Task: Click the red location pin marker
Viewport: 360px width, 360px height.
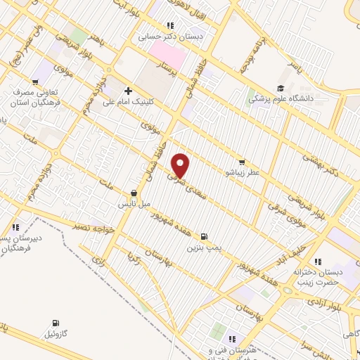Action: pyautogui.click(x=181, y=166)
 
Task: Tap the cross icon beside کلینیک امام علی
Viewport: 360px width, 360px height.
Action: pyautogui.click(x=128, y=91)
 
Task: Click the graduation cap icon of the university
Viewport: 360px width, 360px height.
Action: pyautogui.click(x=281, y=88)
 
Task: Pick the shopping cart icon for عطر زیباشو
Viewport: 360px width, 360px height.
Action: pyautogui.click(x=241, y=162)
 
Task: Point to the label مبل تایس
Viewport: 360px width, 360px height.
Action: pyautogui.click(x=134, y=203)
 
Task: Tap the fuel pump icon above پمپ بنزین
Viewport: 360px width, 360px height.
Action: pyautogui.click(x=204, y=237)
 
